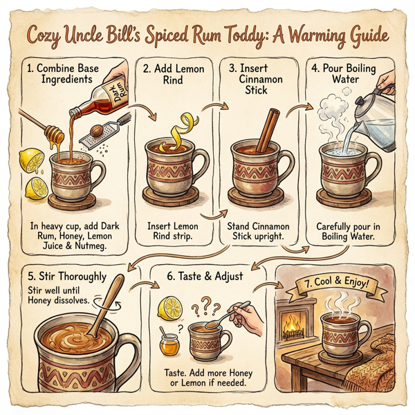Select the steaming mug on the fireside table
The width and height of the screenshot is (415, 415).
coord(342,333)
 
